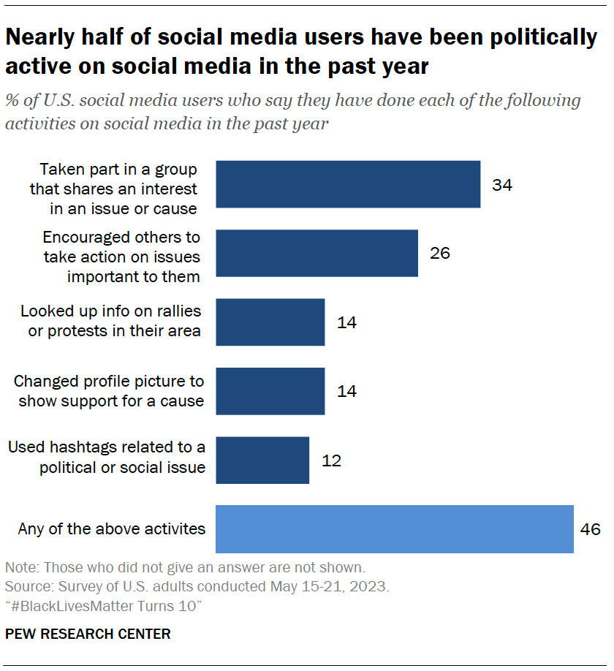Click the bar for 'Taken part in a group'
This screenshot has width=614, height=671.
coord(348,184)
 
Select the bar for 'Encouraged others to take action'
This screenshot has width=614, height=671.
coord(317,253)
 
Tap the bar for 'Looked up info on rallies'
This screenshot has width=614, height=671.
coord(270,322)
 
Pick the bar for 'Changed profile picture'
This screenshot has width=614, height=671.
coord(270,391)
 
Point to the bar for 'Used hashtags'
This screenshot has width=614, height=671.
coord(262,460)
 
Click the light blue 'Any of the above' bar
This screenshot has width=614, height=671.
coord(394,528)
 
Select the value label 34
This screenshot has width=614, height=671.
coord(502,185)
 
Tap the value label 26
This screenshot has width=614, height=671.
coord(440,254)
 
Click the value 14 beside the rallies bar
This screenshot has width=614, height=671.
coord(346,322)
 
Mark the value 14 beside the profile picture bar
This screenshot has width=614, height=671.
coord(346,392)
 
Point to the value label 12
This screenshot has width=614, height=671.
coord(331,460)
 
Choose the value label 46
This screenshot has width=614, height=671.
coord(590,529)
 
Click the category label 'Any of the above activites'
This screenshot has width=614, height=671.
coord(112,528)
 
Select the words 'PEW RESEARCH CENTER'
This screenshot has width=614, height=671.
coord(88,634)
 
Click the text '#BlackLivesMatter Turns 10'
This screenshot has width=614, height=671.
coord(103,606)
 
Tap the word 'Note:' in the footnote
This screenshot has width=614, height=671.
coord(21,568)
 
